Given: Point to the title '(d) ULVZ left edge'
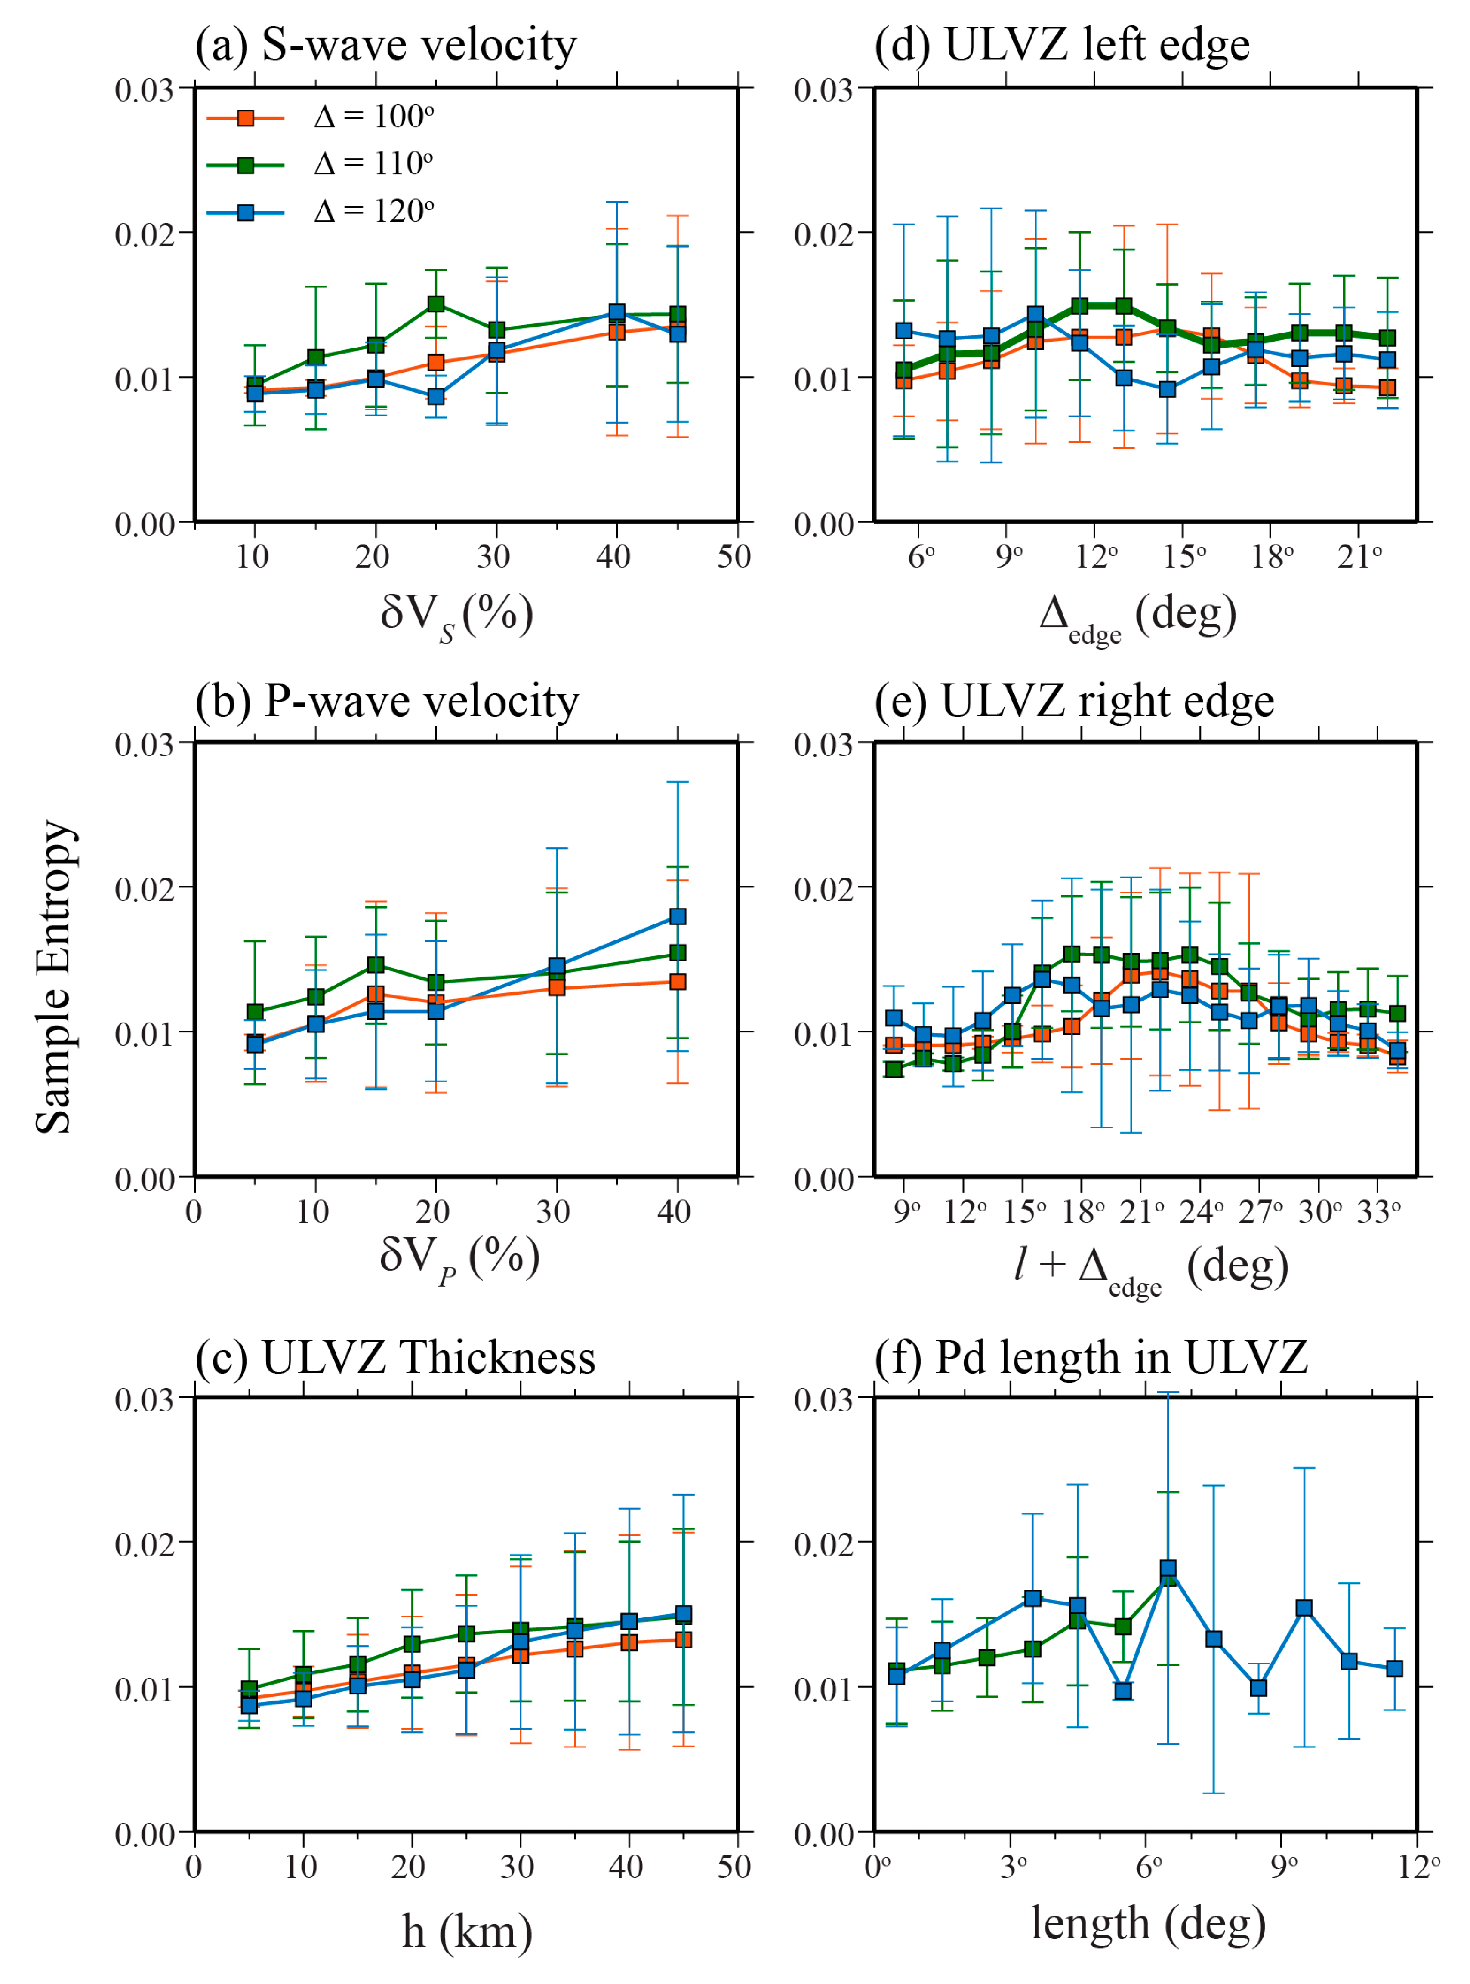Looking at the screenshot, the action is click(x=1063, y=44).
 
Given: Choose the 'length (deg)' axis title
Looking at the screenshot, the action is click(x=1148, y=1923).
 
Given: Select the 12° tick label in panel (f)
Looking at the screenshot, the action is click(x=1418, y=1867).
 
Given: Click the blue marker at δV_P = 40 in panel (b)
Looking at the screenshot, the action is click(x=677, y=916).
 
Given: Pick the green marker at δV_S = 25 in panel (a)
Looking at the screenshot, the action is click(x=436, y=303).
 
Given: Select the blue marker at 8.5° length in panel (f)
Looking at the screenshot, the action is click(x=1258, y=1688).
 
